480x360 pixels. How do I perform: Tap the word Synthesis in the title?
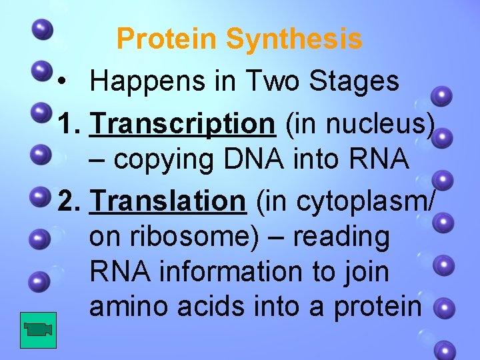[x=294, y=39]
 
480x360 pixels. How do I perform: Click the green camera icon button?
[x=38, y=329]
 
